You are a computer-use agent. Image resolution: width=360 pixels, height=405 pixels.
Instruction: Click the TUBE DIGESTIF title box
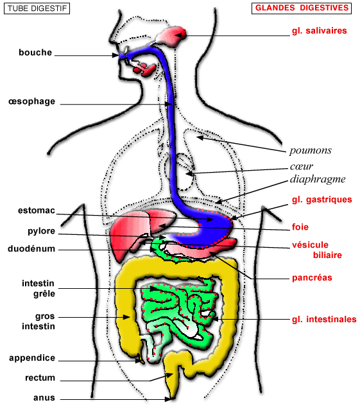point(37,8)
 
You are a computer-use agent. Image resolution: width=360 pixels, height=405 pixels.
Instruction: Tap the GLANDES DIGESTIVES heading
point(302,8)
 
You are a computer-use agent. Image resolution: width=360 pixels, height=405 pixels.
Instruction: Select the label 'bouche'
point(35,53)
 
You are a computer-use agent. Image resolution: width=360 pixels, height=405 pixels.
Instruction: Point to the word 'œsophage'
point(32,101)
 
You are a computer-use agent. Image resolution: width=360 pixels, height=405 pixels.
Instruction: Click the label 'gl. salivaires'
point(319,31)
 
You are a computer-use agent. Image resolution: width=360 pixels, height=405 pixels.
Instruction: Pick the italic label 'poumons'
point(311,151)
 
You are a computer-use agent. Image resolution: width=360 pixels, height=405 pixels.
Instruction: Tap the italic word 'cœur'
point(302,166)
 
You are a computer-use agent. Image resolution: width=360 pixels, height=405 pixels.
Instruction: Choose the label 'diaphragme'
point(318,179)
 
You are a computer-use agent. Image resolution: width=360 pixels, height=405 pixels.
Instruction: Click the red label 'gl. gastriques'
point(321,200)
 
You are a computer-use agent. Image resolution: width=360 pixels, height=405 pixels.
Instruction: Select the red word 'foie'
point(300,227)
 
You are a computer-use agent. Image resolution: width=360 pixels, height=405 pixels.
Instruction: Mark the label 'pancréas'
point(312,278)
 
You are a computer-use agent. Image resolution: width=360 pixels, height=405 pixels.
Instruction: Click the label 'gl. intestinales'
point(324,320)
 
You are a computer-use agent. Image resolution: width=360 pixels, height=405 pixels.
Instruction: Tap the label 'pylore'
point(41,232)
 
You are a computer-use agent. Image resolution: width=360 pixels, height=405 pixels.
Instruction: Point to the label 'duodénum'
point(31,249)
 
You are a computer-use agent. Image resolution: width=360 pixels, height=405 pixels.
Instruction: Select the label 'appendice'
point(32,359)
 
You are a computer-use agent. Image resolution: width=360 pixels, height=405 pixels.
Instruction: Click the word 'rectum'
point(40,378)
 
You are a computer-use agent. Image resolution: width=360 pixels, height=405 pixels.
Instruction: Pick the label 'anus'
point(44,398)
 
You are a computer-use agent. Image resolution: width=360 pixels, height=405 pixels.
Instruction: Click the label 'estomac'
point(37,211)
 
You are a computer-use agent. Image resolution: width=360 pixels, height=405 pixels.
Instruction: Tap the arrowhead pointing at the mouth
point(116,55)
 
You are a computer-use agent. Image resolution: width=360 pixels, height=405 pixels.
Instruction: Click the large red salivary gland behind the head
point(172,36)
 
